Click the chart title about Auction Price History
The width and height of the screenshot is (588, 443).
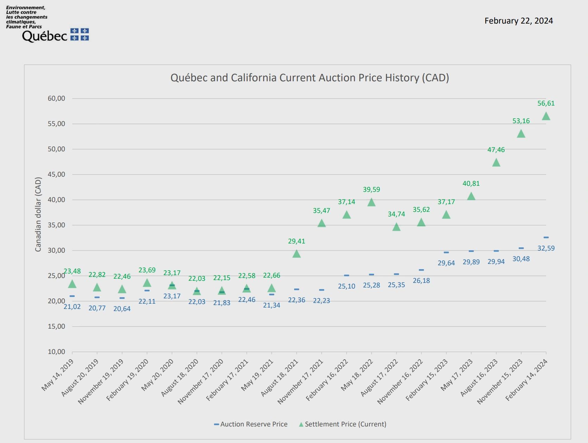[310, 78]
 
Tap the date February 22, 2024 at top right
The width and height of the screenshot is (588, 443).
[518, 21]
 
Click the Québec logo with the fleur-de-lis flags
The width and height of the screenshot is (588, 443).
[55, 36]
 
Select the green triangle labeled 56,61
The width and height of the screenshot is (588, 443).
[546, 116]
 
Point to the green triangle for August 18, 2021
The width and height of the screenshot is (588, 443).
[297, 254]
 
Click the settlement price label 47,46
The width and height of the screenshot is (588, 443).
[496, 150]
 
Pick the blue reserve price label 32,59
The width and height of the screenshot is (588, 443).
[546, 248]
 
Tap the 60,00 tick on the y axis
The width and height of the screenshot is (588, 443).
[57, 99]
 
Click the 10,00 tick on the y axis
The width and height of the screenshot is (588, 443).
[57, 352]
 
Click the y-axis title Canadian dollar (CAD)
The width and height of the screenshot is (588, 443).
[38, 214]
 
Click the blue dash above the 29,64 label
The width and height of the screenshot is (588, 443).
[446, 252]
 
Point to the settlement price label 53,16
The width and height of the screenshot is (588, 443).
[521, 121]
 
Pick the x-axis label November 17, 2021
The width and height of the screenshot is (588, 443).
[301, 381]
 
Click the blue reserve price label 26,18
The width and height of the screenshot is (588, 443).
[421, 281]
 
